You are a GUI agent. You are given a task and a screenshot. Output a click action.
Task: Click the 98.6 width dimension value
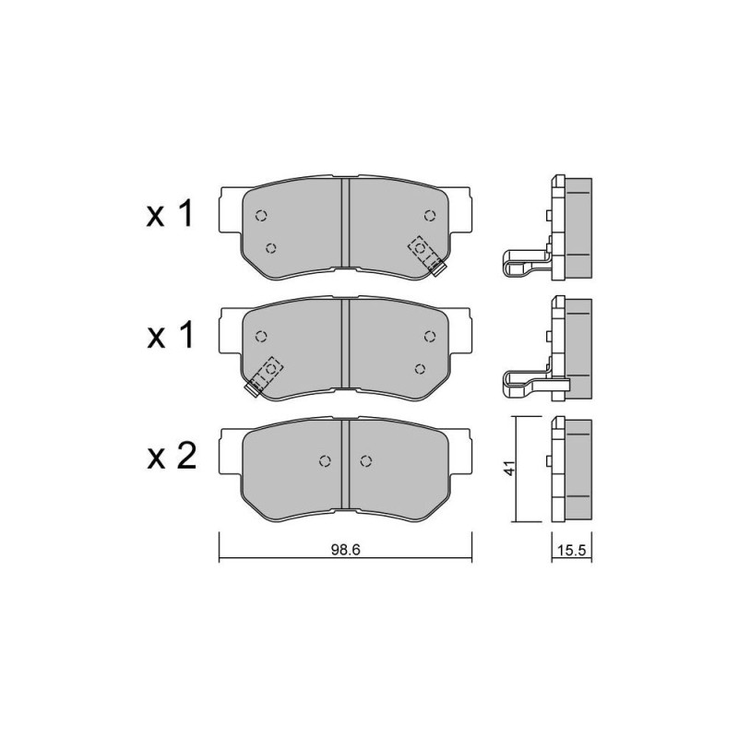[345, 550]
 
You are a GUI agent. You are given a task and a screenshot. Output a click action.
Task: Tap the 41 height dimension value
[510, 469]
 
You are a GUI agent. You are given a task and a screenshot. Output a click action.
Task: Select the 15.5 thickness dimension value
[571, 550]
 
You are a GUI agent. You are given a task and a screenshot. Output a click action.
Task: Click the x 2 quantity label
[172, 457]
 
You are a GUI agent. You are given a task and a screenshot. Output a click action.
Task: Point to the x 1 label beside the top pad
[170, 213]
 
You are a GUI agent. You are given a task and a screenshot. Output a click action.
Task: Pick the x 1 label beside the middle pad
[170, 336]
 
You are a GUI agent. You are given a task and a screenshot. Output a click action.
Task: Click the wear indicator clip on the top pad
[427, 256]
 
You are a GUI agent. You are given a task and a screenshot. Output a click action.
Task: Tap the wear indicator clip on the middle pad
[264, 376]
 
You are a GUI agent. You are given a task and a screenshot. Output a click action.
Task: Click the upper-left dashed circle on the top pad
[261, 216]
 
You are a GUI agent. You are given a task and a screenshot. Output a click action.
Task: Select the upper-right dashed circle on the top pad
[429, 216]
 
